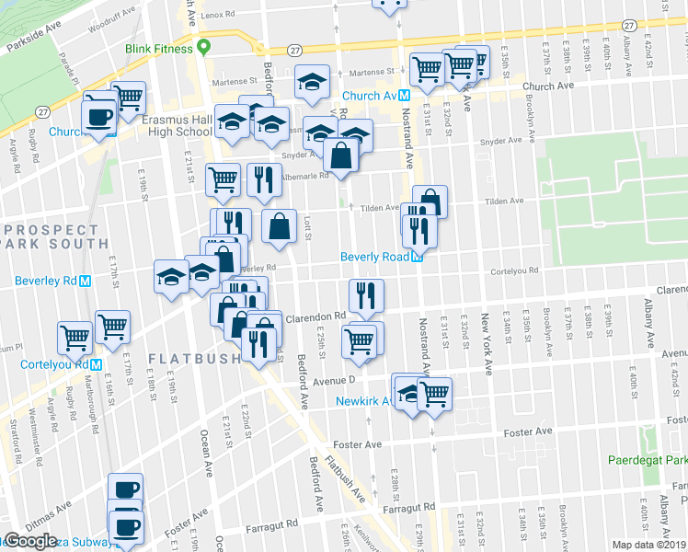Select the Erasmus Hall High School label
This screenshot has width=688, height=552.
click(x=178, y=125)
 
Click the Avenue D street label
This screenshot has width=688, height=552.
click(x=333, y=379)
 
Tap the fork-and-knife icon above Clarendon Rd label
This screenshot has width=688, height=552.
click(x=366, y=294)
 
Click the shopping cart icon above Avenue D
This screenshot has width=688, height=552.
click(x=359, y=340)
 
